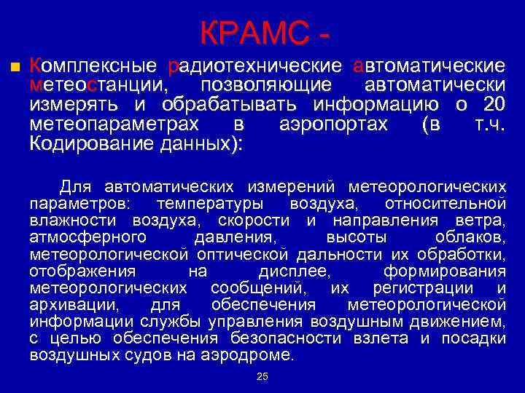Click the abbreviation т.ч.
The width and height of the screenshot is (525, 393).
tap(490, 124)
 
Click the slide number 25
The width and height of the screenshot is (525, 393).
tap(262, 376)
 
